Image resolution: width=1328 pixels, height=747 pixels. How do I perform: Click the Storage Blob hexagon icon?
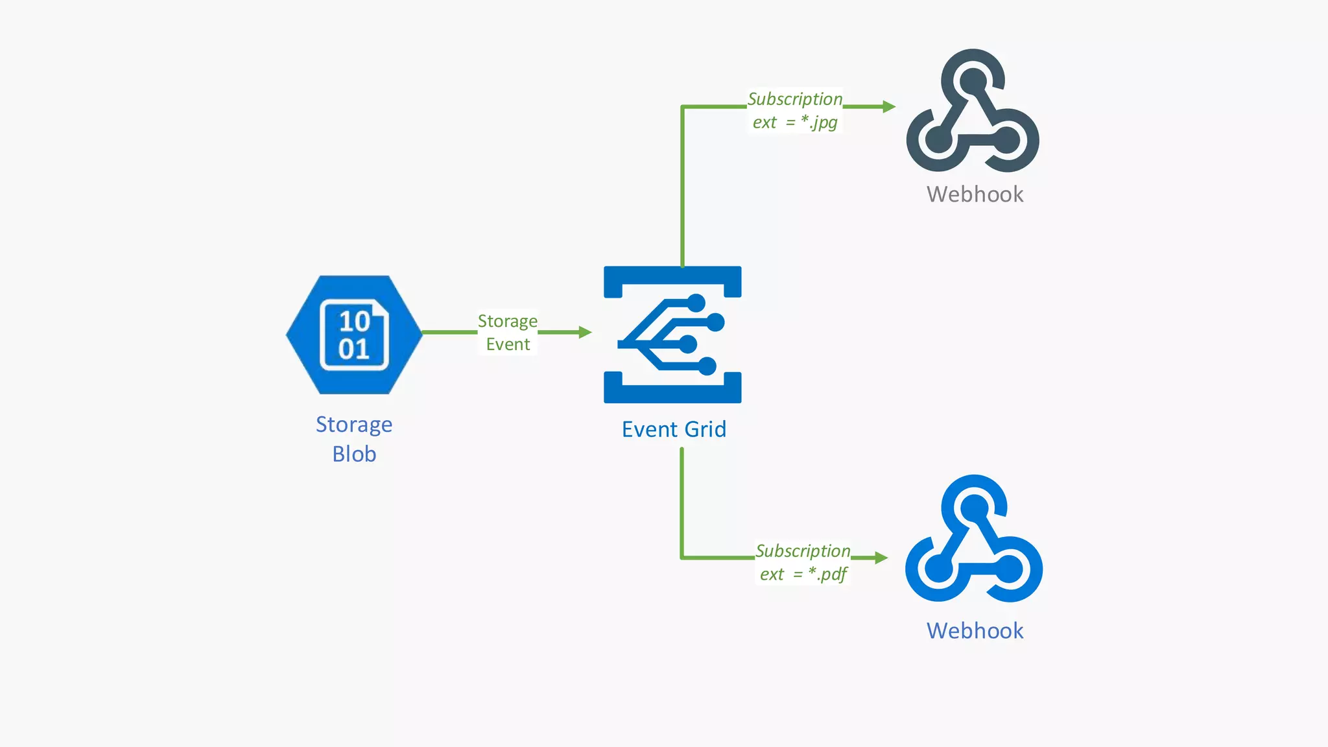point(354,335)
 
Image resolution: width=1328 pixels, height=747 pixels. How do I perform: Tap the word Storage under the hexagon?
point(354,425)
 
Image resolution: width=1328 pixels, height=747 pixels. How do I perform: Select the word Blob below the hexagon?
point(354,454)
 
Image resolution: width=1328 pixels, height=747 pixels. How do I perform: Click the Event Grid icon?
point(672,335)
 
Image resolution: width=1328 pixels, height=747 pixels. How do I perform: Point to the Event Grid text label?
point(674,429)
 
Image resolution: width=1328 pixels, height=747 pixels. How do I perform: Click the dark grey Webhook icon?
point(973,112)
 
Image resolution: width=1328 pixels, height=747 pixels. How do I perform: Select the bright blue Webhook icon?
point(973,539)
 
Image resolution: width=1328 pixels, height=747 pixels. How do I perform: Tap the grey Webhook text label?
point(975,195)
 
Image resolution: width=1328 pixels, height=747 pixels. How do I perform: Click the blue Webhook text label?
point(975,631)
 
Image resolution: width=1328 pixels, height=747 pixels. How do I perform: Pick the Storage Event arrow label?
point(508,333)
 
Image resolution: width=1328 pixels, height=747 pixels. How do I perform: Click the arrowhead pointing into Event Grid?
point(585,333)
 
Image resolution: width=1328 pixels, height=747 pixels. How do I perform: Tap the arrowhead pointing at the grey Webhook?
point(889,106)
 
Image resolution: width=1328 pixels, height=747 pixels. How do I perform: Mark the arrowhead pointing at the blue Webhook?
point(881,558)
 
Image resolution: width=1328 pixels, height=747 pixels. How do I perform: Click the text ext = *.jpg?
point(795,123)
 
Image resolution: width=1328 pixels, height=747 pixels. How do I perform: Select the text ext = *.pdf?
point(803,575)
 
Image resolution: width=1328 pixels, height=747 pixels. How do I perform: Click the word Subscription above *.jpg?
point(795,99)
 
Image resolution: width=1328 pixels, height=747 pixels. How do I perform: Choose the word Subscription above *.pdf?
point(803,551)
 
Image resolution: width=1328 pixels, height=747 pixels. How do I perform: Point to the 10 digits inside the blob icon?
point(354,321)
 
